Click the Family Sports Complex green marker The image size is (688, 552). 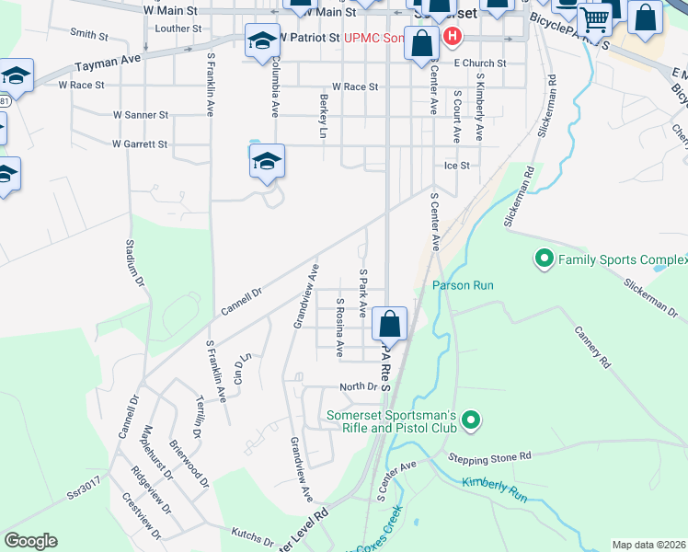coord(544,260)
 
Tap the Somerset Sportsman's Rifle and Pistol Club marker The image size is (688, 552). coord(472,421)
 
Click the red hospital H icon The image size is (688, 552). coord(452,38)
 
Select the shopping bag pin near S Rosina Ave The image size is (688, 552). coord(389,324)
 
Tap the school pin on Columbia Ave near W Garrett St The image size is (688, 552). coord(267,161)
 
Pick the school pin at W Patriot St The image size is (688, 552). coord(261,40)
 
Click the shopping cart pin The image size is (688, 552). coord(595,17)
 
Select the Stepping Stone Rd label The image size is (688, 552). coord(490,456)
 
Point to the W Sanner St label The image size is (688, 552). coord(140,116)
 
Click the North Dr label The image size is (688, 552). coord(359,387)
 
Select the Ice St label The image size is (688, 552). coord(457,166)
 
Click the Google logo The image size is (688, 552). coord(30,541)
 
